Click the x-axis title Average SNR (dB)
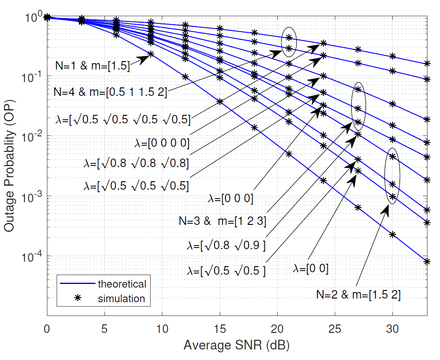pos(237,345)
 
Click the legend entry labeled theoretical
pos(122,284)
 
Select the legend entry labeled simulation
pos(121,299)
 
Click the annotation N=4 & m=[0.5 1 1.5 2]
pos(110,92)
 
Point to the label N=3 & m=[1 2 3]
pos(222,221)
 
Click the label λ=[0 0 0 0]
pos(162,143)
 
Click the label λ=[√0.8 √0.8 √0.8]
pos(136,164)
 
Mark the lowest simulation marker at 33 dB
pos(427,261)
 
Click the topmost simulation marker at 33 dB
pos(427,64)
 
